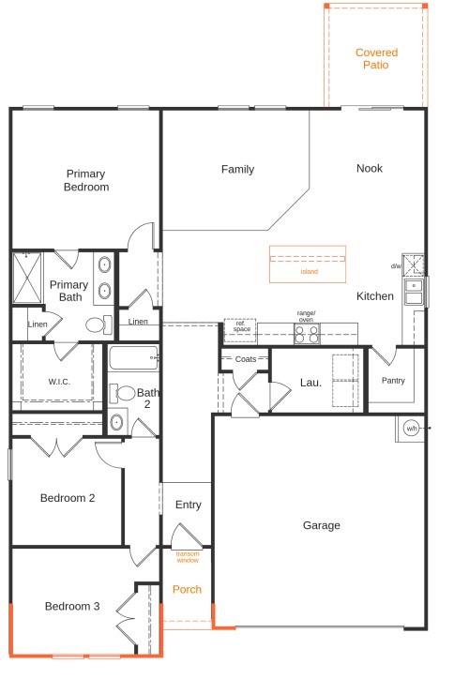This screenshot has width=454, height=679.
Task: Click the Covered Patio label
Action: point(376,59)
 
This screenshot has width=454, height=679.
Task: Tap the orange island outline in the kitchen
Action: point(308,264)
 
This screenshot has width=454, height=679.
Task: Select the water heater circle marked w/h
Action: point(411,429)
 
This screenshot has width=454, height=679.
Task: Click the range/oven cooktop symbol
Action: point(307,332)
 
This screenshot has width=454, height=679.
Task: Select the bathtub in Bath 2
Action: point(132,358)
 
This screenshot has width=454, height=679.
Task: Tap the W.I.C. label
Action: point(59,382)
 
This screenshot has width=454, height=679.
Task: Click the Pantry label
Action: point(393,381)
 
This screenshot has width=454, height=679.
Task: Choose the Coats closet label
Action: point(246,359)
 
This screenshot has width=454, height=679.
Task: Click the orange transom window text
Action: point(188,557)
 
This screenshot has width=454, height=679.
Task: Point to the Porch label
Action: point(188,590)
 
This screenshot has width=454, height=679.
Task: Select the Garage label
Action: point(322,526)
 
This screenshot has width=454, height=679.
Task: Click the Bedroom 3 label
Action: point(72,607)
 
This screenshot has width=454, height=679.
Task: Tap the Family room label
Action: point(237,170)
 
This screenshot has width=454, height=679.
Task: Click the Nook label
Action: point(370,169)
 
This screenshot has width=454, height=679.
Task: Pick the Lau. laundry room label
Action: point(310,383)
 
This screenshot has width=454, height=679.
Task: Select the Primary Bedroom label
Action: point(86,180)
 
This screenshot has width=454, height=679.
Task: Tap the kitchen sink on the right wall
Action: point(414,292)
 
